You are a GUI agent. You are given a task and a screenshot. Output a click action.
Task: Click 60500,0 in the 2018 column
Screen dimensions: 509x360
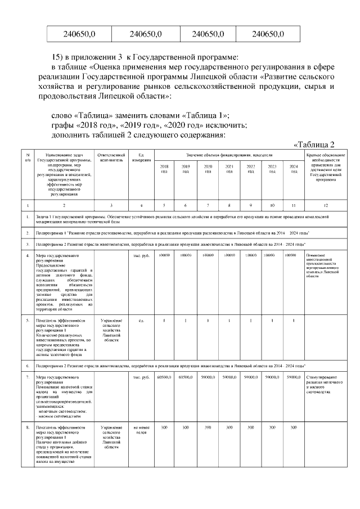164,376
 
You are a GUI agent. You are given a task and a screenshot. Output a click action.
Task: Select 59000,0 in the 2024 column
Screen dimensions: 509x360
294,376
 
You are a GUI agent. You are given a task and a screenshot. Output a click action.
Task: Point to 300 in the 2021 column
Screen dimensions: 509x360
229,428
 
